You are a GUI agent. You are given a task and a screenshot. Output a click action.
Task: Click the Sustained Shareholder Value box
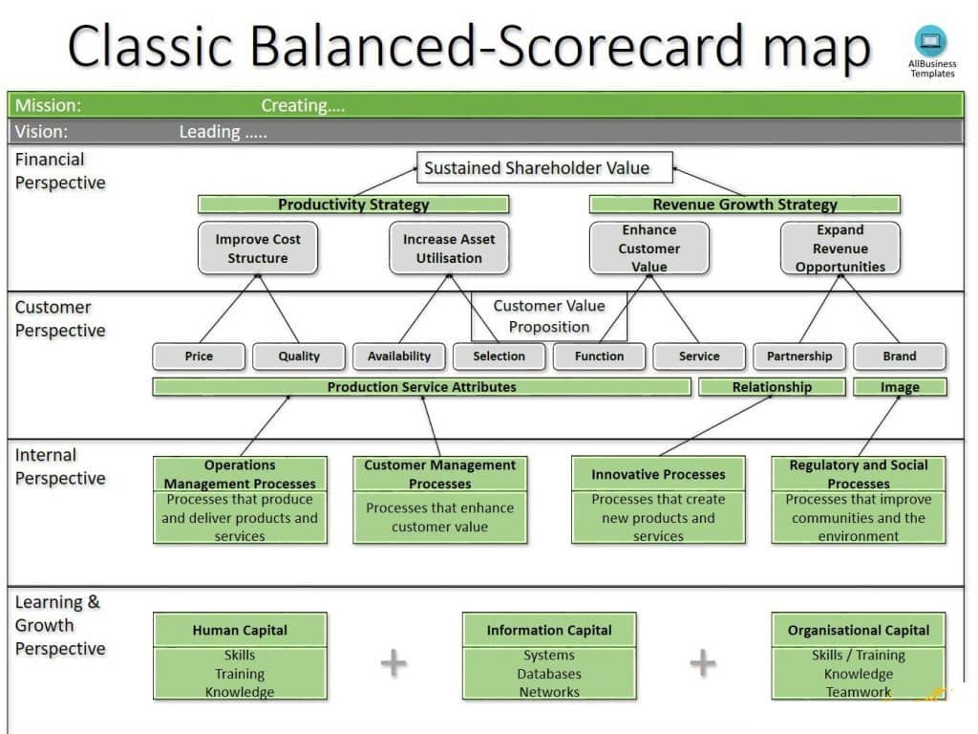[544, 167]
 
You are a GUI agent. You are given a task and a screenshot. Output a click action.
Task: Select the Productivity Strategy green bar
[353, 205]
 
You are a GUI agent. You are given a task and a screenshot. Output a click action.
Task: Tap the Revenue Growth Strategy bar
[745, 205]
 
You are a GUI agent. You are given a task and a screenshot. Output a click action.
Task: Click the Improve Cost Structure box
[258, 248]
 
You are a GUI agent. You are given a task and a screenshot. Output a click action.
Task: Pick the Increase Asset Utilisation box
[449, 248]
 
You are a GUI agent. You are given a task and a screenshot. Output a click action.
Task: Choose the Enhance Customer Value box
[649, 248]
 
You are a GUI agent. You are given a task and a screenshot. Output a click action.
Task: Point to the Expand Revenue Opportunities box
[840, 248]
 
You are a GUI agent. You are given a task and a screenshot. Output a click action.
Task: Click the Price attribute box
[199, 356]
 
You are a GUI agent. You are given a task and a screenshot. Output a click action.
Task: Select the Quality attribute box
[299, 356]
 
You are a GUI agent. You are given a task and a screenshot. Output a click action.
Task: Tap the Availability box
[399, 356]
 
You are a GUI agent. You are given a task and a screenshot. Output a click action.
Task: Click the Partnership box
[799, 356]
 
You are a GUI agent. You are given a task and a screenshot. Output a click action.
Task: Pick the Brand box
[900, 356]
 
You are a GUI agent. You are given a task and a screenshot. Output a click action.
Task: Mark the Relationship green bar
[772, 387]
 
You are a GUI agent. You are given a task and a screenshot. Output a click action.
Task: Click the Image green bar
[900, 387]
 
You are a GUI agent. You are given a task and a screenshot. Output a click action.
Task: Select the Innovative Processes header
[659, 474]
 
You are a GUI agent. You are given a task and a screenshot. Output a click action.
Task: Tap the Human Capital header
[240, 631]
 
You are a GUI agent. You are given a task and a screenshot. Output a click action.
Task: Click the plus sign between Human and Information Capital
[393, 663]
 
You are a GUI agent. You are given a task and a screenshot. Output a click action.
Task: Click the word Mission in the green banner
[48, 105]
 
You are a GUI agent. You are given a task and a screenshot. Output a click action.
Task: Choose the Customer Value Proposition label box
[549, 316]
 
